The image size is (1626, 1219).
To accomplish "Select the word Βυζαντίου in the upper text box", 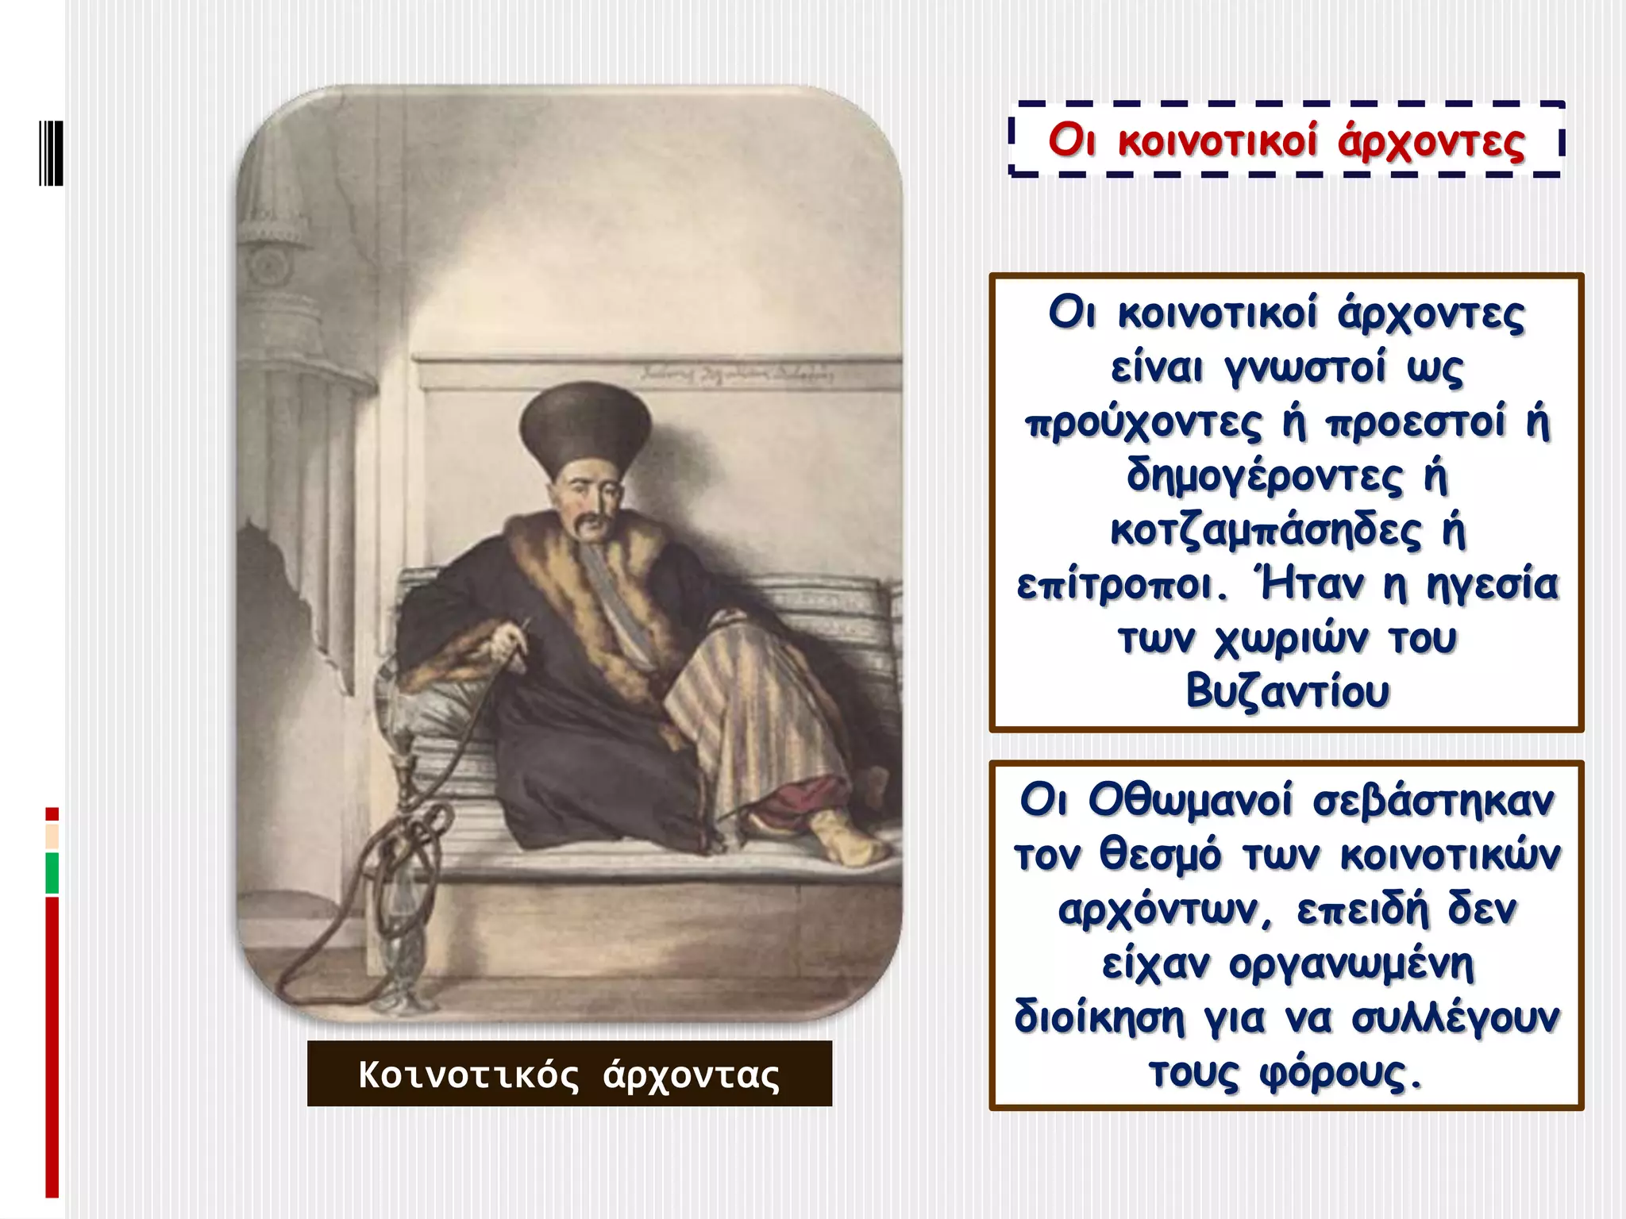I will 1287,691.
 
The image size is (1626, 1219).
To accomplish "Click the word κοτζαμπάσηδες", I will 1266,530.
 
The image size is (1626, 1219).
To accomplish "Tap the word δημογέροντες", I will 1265,476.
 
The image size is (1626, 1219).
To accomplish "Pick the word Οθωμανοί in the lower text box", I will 1190,800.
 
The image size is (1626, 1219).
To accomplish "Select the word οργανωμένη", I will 1351,965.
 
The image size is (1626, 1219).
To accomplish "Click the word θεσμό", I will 1160,856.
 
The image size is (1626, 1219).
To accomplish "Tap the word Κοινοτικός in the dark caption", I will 468,1075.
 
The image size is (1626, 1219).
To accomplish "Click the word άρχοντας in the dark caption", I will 692,1075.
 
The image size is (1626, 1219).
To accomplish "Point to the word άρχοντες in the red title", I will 1431,141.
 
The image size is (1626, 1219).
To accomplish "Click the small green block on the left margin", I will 52,873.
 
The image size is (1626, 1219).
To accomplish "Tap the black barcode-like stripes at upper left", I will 51,153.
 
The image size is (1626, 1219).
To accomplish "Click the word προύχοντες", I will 1143,422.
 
